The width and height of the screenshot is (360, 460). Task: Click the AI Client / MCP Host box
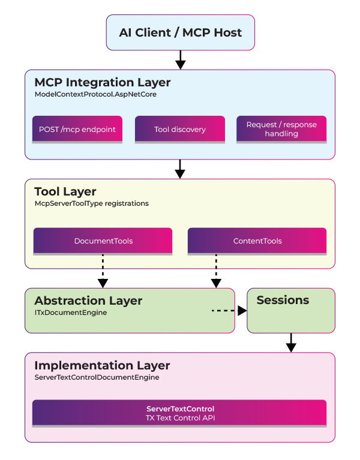(x=180, y=32)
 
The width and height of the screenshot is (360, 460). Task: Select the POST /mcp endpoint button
(x=77, y=129)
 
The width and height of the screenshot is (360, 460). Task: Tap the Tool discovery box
(x=179, y=129)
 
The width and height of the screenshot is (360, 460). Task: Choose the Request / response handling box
(x=281, y=129)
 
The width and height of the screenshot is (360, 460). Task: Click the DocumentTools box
(x=103, y=240)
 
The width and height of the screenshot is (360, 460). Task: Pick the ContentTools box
(x=257, y=240)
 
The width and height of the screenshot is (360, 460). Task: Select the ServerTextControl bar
(x=179, y=413)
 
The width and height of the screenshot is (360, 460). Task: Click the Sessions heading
(x=283, y=300)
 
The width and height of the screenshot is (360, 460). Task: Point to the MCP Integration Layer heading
(x=102, y=82)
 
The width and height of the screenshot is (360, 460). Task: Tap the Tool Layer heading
(x=65, y=191)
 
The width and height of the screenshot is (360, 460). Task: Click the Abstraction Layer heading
(x=88, y=300)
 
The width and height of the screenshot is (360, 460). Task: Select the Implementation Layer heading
(x=102, y=365)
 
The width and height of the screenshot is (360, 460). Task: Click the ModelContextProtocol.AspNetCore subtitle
(x=95, y=94)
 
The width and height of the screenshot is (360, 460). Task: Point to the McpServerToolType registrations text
(x=91, y=203)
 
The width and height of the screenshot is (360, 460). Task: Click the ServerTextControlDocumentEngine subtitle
(x=97, y=377)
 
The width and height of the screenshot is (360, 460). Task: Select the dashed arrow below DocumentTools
(x=103, y=270)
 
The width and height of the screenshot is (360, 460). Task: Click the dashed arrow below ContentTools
(x=215, y=270)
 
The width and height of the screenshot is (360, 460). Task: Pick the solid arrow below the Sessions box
(x=291, y=342)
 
